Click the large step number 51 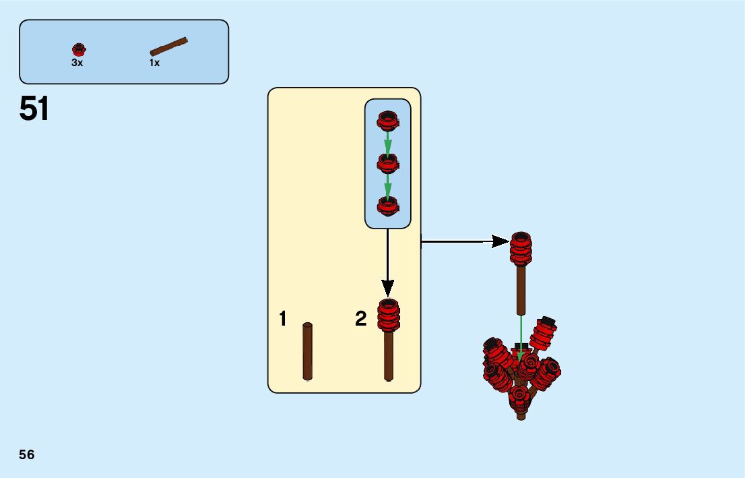pos(34,109)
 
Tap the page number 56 pos(27,454)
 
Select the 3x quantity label pos(77,63)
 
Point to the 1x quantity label pos(154,63)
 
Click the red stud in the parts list pos(79,49)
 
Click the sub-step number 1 pos(283,319)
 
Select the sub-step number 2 pos(361,319)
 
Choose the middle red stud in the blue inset pos(387,162)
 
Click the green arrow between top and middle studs pos(387,142)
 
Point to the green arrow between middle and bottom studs pos(387,184)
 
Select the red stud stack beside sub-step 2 pos(389,315)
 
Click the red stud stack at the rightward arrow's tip pos(521,249)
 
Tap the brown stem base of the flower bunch pos(521,414)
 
